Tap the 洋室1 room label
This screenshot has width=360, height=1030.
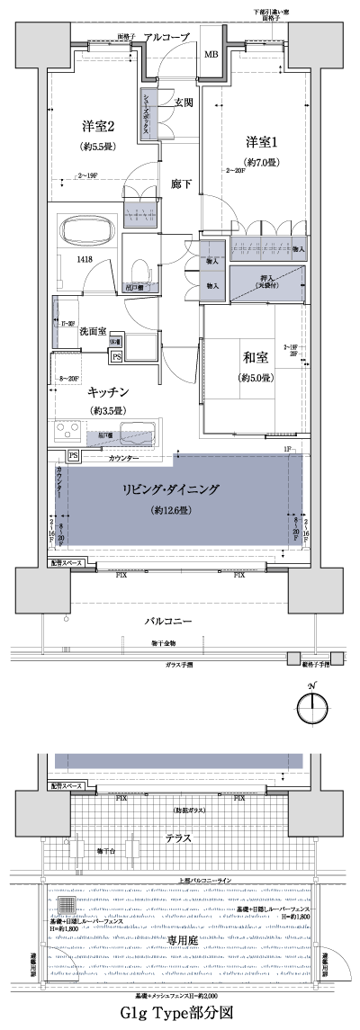point(264,140)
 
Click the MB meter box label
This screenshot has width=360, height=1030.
point(211,56)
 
